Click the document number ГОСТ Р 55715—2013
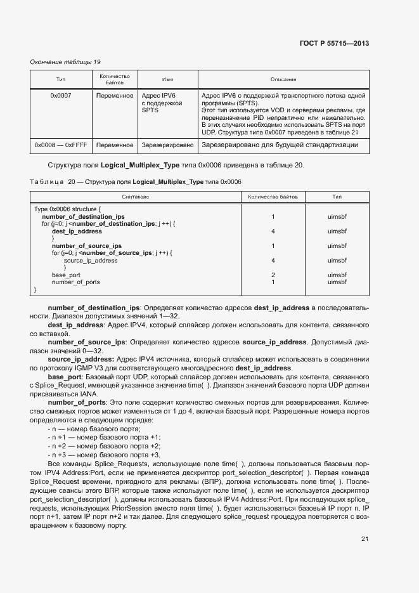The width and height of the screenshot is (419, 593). coord(333,43)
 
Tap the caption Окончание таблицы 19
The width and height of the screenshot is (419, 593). coord(66,62)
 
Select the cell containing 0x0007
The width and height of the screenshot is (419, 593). coord(61,95)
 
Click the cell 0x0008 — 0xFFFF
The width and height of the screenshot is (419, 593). coord(60,145)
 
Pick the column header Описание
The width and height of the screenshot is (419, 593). coord(283,79)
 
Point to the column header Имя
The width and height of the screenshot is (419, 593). coord(167,79)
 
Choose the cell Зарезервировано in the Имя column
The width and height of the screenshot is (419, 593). coord(167,145)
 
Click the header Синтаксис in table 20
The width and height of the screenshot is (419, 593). coord(136,197)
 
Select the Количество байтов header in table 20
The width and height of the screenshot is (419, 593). coord(273,197)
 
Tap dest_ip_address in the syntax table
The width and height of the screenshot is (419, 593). coord(77,231)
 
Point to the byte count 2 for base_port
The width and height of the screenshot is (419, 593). coord(273,275)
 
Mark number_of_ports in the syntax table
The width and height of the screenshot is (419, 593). coord(75,282)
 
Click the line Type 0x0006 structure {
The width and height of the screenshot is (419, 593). coord(67,209)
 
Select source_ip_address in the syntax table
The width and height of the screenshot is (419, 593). coord(90,260)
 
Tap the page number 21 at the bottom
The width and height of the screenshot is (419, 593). coord(364,539)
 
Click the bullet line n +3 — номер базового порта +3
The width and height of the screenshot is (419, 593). coord(104,455)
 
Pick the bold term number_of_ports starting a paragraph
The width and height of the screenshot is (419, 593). coord(77,402)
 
